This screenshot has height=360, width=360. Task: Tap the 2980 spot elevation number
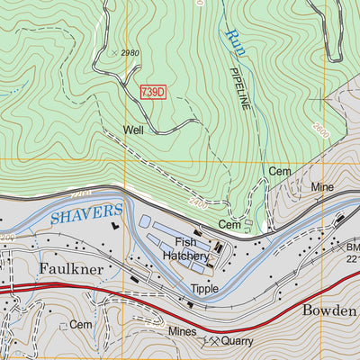pos(130,53)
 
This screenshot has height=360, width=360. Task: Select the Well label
pos(133,130)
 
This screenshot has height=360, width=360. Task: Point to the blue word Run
pos(236,38)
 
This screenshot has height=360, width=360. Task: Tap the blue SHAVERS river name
pos(86,214)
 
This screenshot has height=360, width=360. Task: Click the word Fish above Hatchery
pos(186,242)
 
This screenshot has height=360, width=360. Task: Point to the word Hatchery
pos(186,256)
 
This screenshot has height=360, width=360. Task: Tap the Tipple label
pos(204,289)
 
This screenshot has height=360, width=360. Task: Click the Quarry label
pos(238,342)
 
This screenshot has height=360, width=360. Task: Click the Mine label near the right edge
pos(322,187)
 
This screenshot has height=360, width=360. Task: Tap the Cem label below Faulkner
pos(81,324)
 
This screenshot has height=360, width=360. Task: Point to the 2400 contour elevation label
pos(198,204)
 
